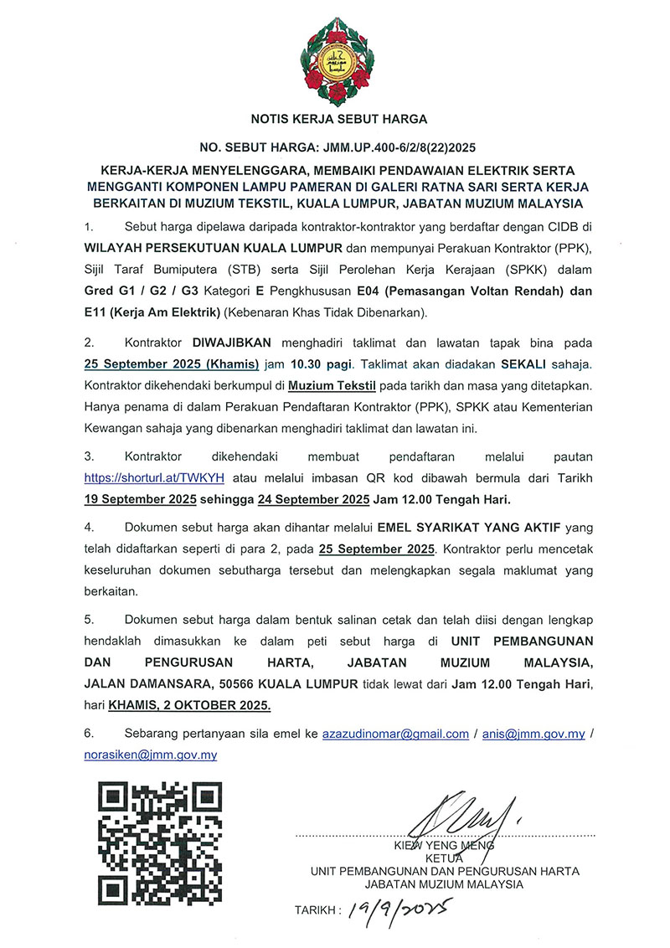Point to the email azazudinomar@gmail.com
pyautogui.click(x=395, y=734)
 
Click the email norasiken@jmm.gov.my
pyautogui.click(x=151, y=755)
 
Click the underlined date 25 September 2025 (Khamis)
pyautogui.click(x=158, y=364)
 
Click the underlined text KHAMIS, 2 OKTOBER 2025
pyautogui.click(x=202, y=704)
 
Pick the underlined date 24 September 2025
pyautogui.click(x=316, y=498)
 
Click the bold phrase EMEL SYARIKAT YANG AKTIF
pyautogui.click(x=473, y=529)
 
